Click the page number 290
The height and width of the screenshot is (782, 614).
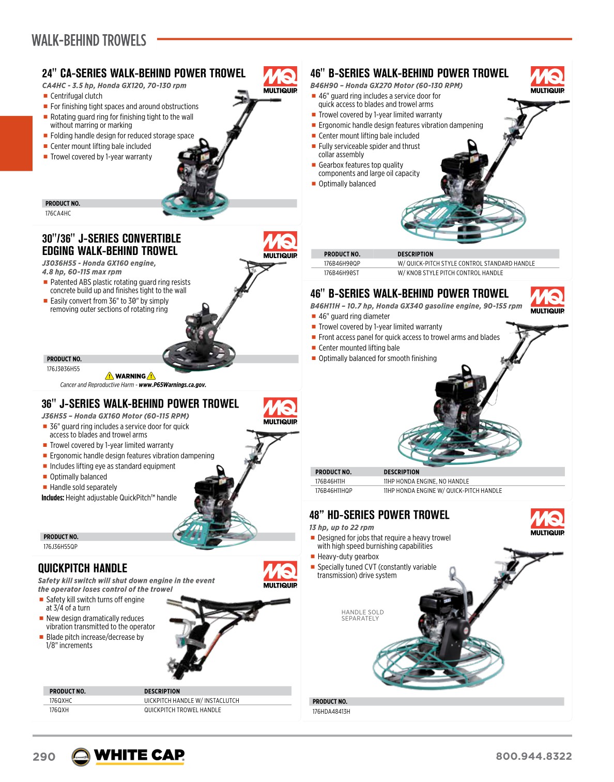[44, 757]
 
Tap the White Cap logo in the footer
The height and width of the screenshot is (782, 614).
[128, 756]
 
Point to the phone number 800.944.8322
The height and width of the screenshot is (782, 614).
[533, 756]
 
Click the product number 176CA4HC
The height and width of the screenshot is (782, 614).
[58, 214]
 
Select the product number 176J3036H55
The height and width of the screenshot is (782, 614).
[63, 369]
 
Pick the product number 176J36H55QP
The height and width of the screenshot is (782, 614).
[60, 547]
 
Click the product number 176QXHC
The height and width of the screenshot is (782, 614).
[61, 701]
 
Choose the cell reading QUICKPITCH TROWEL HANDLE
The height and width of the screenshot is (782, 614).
[182, 710]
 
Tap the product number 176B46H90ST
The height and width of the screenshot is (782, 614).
[342, 273]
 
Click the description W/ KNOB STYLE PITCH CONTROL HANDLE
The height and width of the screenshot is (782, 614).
[450, 273]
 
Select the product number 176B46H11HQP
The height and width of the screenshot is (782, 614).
[334, 491]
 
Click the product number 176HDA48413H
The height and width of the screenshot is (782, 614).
[331, 712]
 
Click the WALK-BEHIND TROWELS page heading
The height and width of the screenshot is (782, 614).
[89, 40]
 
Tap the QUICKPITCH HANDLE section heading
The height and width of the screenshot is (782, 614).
[83, 568]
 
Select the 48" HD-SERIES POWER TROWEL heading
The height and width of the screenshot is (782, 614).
[379, 515]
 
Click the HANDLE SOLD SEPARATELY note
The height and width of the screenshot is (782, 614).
[362, 615]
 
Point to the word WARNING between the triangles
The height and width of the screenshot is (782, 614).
[130, 377]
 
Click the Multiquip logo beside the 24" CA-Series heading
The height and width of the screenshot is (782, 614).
[280, 80]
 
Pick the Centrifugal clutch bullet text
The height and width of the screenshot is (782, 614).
[76, 96]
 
